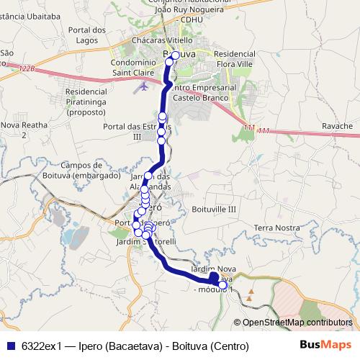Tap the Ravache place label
click(x=338, y=126)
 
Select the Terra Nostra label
click(x=276, y=228)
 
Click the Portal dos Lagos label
click(x=86, y=35)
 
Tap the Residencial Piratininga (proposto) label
click(x=95, y=103)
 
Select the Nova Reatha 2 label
click(x=24, y=130)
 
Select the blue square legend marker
click(x=10, y=346)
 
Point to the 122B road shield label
click(x=27, y=69)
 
